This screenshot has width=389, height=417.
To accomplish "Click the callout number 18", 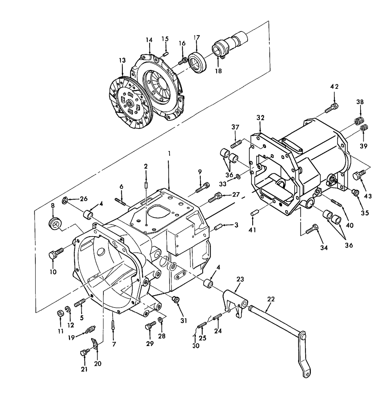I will click(218, 71).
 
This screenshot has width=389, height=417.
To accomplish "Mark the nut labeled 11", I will click(60, 313).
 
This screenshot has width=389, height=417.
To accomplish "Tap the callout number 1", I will click(169, 153).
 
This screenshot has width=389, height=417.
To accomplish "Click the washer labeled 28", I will click(160, 320).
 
